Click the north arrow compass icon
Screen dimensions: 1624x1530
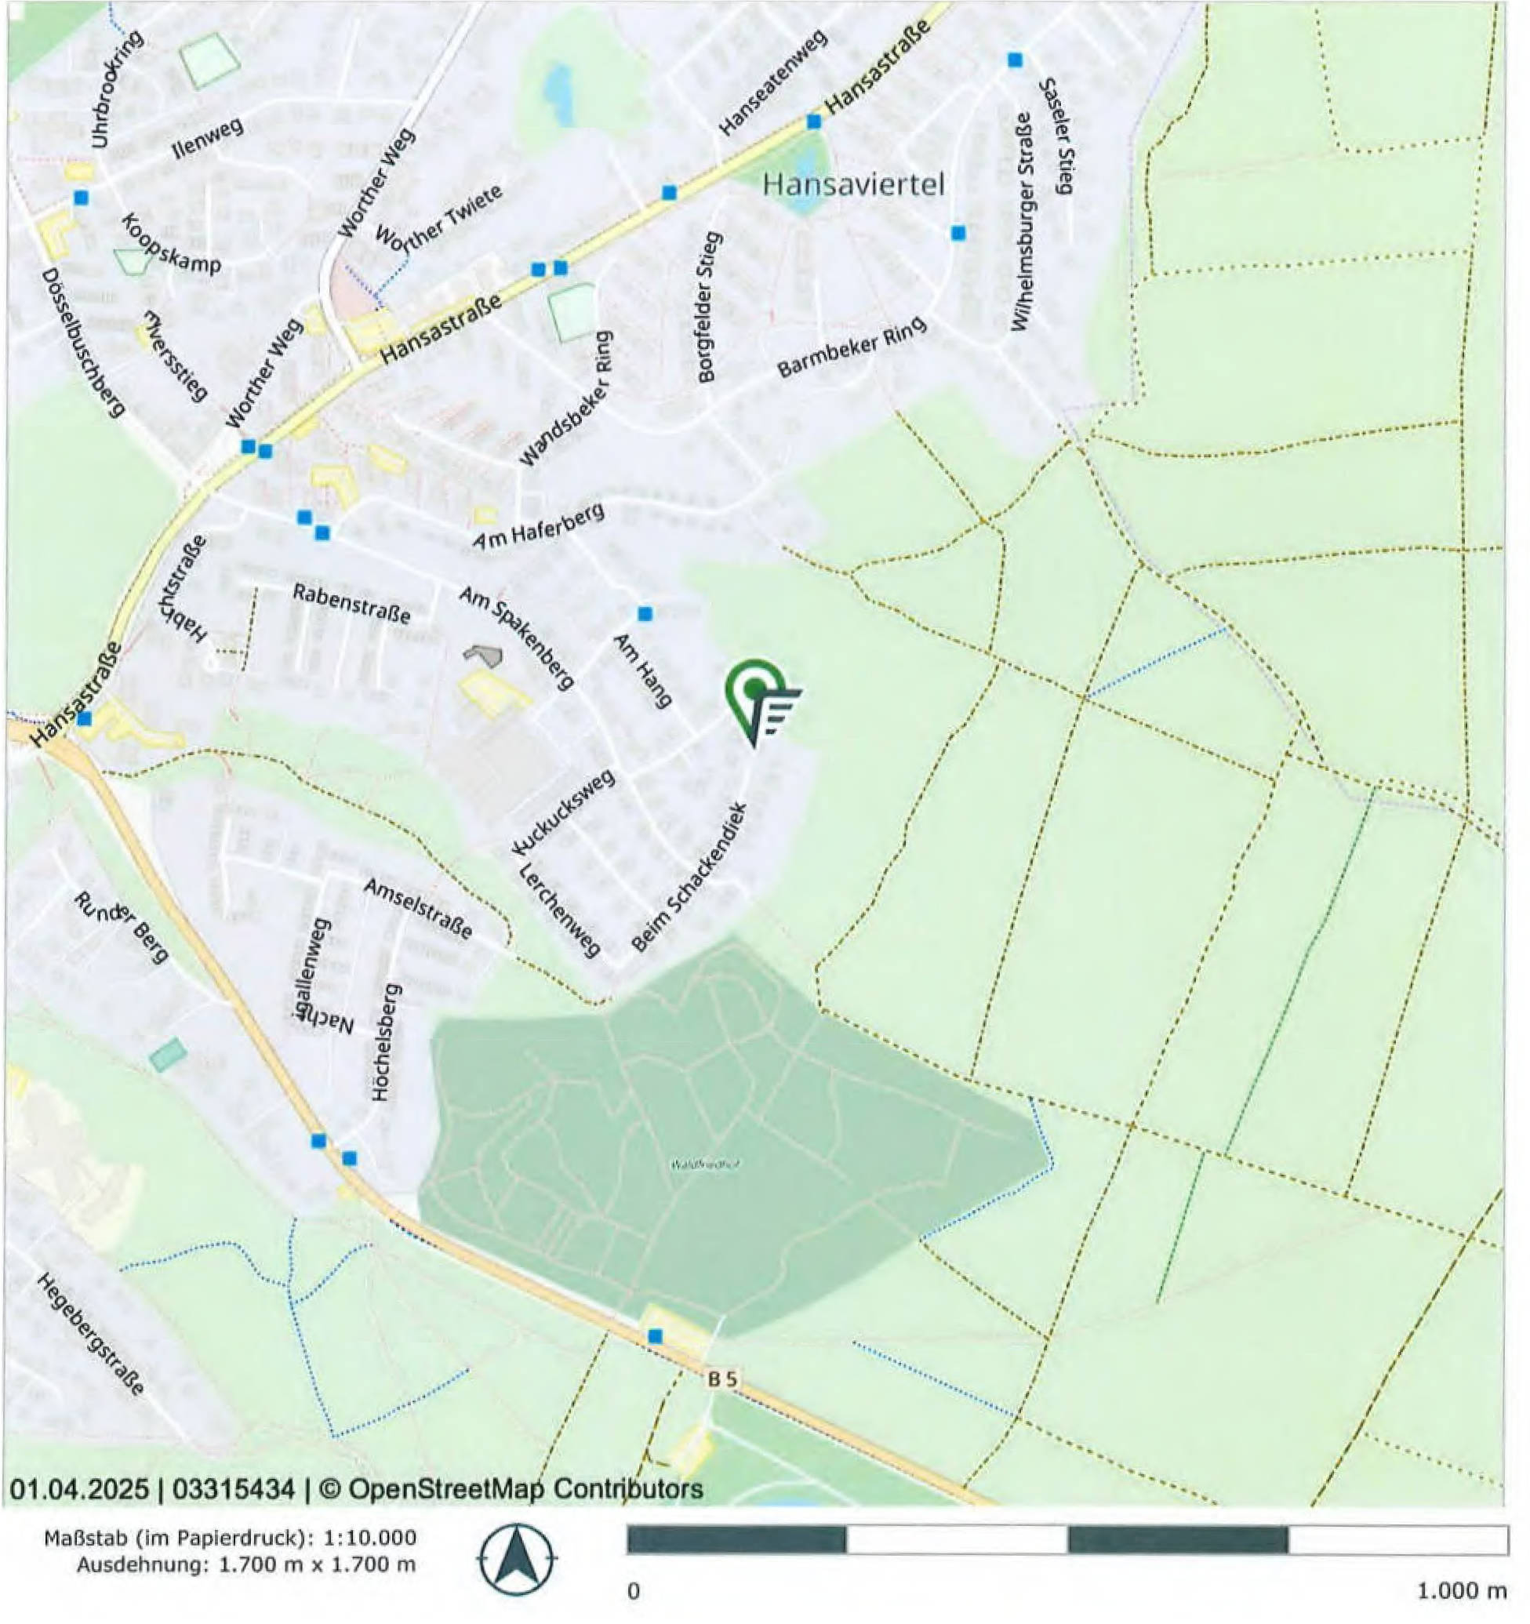click(x=517, y=1560)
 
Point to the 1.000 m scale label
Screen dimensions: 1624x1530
click(x=1460, y=1590)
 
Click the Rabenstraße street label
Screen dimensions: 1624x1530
click(x=351, y=604)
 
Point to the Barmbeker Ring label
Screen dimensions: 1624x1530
click(x=852, y=347)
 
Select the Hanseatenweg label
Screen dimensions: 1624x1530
click(x=772, y=82)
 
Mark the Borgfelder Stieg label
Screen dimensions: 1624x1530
click(x=708, y=307)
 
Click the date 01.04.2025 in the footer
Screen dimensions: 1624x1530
click(x=79, y=1489)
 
